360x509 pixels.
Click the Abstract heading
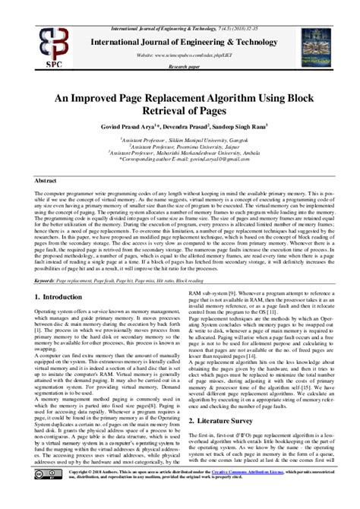(x=48, y=182)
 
